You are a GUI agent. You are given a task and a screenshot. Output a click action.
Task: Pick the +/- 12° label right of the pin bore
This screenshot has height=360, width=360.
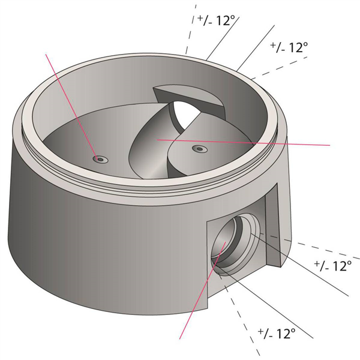(332, 265)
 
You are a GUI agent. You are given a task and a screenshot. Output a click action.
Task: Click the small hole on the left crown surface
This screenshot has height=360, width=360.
(100, 158)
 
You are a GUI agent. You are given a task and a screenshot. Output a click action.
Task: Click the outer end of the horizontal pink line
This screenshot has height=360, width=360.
(329, 145)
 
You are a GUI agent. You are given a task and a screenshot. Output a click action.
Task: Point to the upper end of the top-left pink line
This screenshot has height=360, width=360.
(47, 54)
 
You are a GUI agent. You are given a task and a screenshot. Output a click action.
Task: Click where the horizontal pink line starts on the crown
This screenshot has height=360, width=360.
(158, 139)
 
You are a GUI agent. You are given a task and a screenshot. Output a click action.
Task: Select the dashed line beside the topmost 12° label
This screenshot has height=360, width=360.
(192, 30)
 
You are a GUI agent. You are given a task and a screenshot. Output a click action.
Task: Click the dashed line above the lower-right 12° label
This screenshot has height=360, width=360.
(318, 247)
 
